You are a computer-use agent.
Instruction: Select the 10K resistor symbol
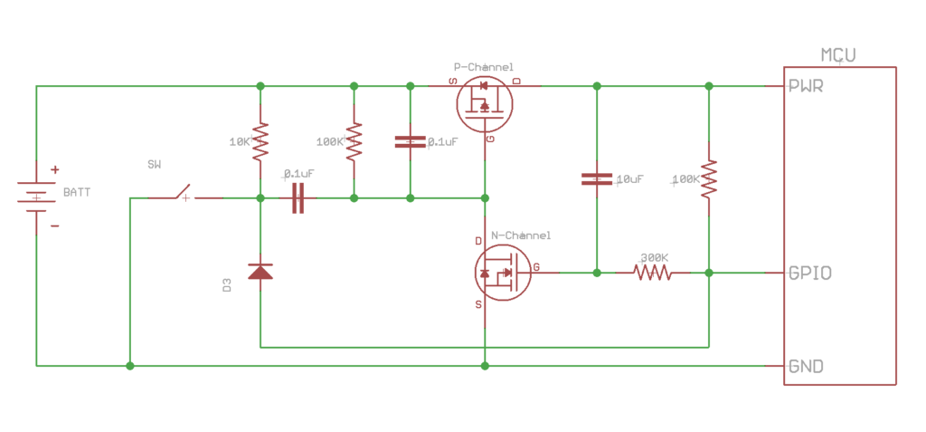[x=260, y=141]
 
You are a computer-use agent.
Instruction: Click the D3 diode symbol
[x=260, y=272]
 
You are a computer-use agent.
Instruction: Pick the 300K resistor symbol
[x=652, y=272]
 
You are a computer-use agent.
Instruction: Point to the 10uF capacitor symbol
[x=596, y=178]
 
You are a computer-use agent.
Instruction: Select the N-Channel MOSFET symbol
[x=500, y=272]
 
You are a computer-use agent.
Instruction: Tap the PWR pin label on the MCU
[x=806, y=87]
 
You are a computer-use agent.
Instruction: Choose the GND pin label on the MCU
[x=805, y=367]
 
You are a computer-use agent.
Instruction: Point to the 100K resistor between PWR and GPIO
[x=709, y=178]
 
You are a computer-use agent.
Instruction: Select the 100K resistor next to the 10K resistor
[x=354, y=141]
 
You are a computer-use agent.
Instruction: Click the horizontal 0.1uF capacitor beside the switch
[x=298, y=197]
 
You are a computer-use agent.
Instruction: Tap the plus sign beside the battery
[x=54, y=169]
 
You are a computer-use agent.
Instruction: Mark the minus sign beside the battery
[x=54, y=226]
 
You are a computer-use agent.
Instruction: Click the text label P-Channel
[x=483, y=67]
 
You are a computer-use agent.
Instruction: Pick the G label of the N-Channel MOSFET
[x=537, y=267]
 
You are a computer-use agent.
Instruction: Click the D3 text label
[x=227, y=285]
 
